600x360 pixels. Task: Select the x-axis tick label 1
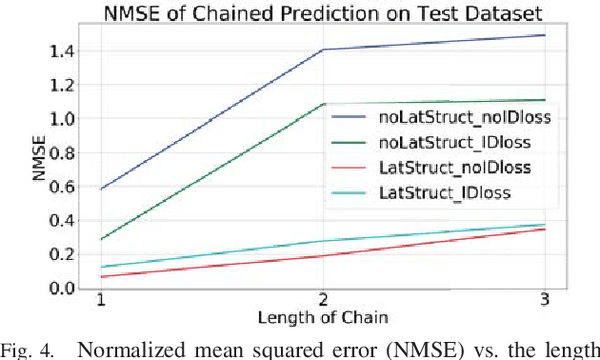(x=100, y=301)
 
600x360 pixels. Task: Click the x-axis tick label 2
(x=323, y=301)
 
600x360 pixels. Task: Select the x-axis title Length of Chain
(x=323, y=318)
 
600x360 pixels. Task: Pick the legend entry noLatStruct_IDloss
(x=443, y=143)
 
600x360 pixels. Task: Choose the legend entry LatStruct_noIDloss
(x=443, y=168)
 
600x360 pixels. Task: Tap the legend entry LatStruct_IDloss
(x=433, y=192)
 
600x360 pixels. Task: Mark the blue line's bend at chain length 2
(x=323, y=50)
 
